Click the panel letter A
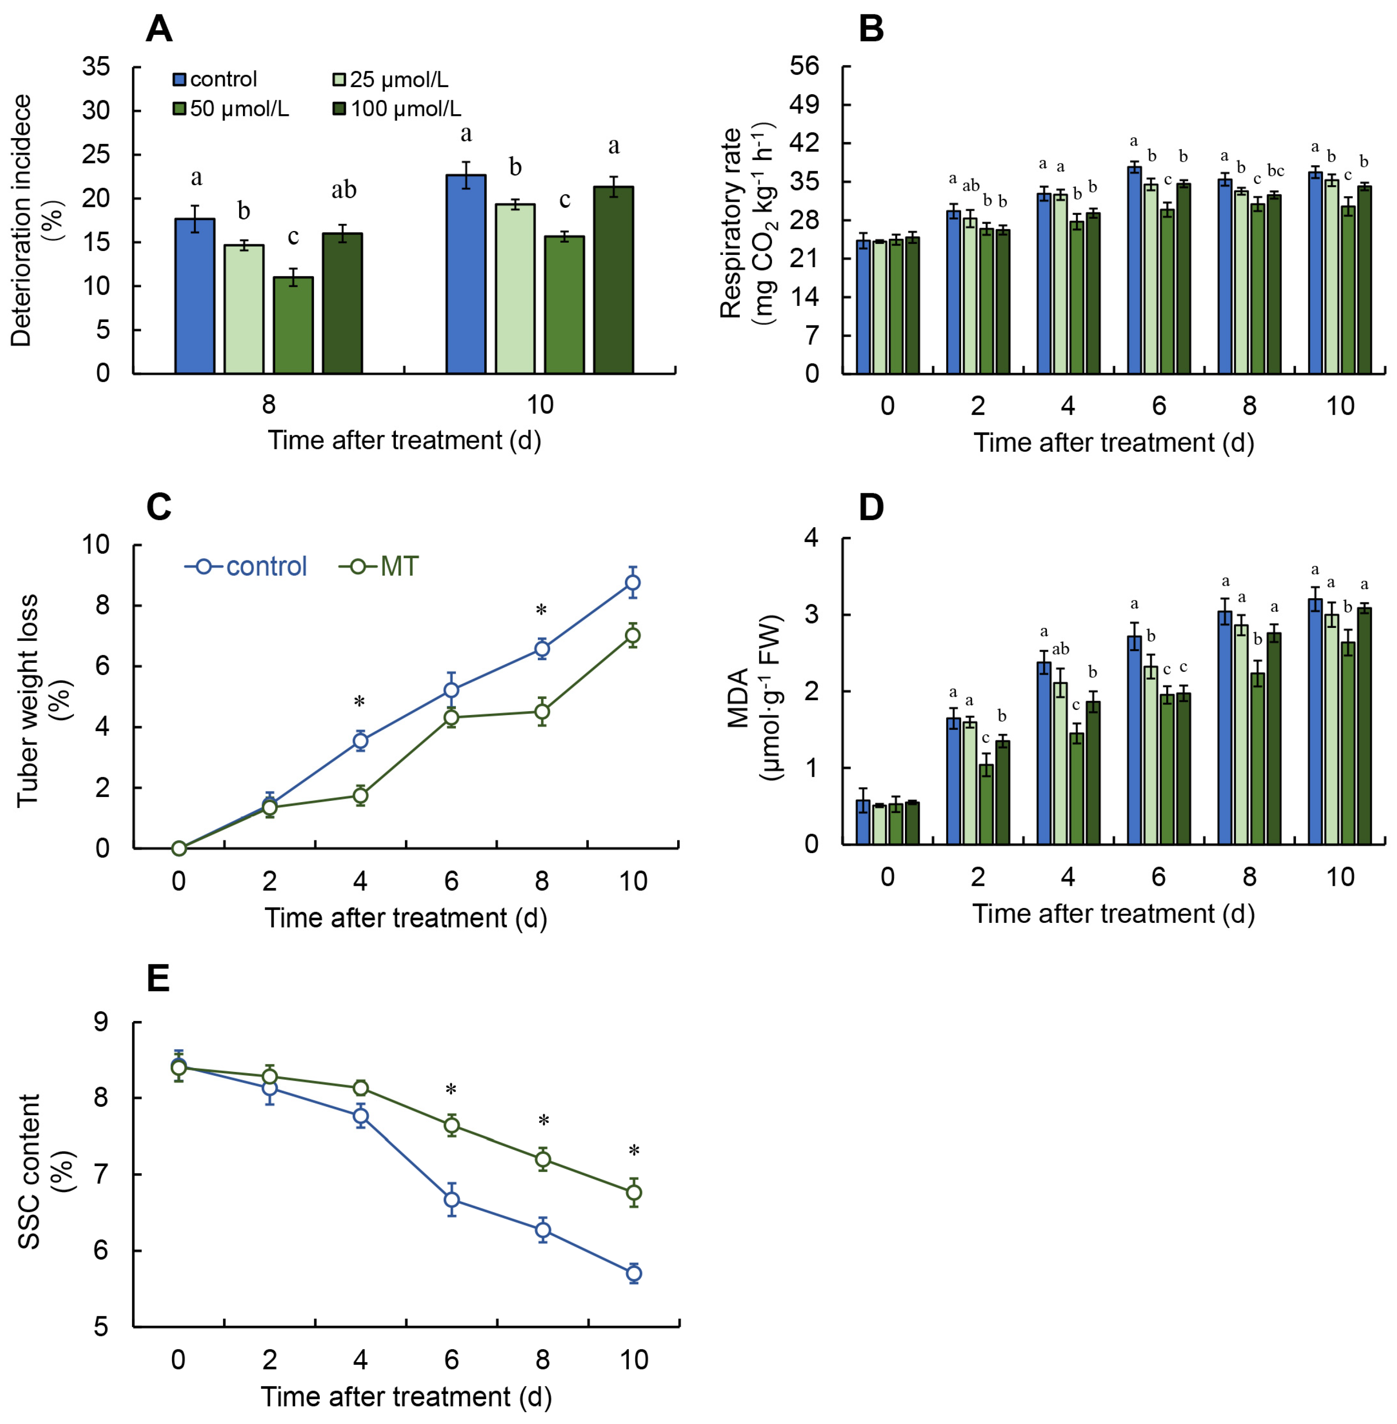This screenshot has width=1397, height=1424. coord(159,29)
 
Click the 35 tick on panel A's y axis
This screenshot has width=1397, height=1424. coord(96,67)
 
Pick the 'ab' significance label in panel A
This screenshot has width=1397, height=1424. coord(344,190)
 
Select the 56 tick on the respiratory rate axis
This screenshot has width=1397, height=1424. coord(804,66)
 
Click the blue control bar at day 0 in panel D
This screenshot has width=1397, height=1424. coord(864,822)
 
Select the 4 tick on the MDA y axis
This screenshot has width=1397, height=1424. coord(811,538)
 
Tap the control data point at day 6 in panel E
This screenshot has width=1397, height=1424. coord(452,1200)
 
